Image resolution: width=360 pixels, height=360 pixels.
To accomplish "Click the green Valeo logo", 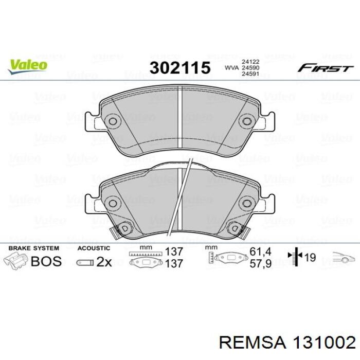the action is tap(28, 66).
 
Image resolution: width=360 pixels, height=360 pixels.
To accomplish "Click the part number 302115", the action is tap(180, 68).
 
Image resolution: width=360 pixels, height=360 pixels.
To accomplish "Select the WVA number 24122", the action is tap(250, 62).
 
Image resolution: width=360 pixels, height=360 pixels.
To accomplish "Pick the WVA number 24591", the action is tap(250, 74).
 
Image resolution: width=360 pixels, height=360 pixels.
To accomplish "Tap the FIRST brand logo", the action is tap(325, 68).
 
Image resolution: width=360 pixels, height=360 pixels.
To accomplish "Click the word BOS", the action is tap(46, 261).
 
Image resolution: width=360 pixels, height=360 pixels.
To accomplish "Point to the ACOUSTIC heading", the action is tap(94, 248).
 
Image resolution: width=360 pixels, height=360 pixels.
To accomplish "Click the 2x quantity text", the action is tap(104, 262).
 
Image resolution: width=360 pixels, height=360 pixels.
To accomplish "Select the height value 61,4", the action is tap(260, 251).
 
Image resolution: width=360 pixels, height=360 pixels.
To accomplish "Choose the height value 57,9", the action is tap(260, 263).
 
